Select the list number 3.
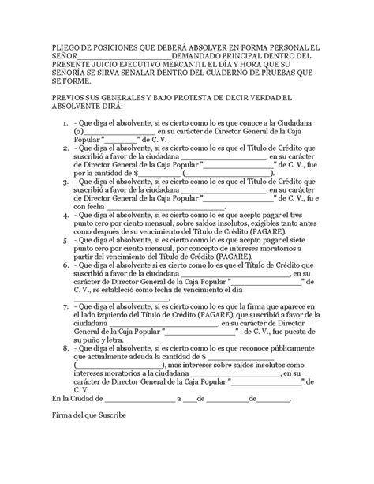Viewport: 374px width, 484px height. click(x=62, y=180)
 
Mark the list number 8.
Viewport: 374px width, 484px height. click(x=62, y=347)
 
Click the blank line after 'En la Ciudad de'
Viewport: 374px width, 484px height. click(x=139, y=397)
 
